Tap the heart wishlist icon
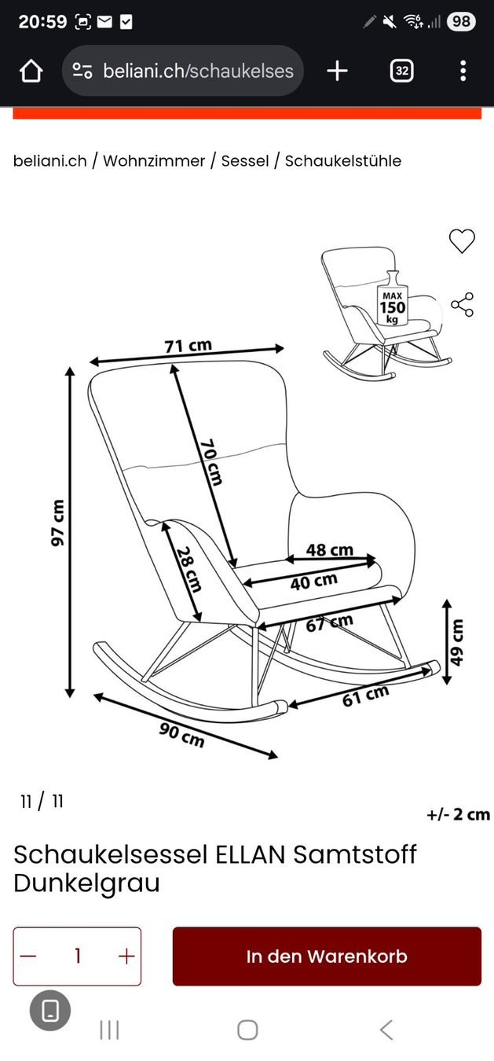click(462, 240)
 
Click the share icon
click(463, 305)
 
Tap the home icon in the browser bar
click(31, 71)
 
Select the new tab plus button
click(338, 71)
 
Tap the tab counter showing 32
click(402, 71)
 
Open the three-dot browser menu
click(463, 71)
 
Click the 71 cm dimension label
click(188, 346)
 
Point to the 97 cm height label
click(57, 523)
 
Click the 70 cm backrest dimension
click(211, 463)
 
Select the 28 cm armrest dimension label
click(188, 569)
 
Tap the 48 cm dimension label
click(330, 550)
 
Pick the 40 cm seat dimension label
click(313, 582)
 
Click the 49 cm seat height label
click(456, 642)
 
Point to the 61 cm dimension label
click(366, 696)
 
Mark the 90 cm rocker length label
click(181, 735)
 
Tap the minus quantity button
click(28, 956)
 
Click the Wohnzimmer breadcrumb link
click(154, 161)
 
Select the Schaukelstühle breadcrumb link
click(343, 161)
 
